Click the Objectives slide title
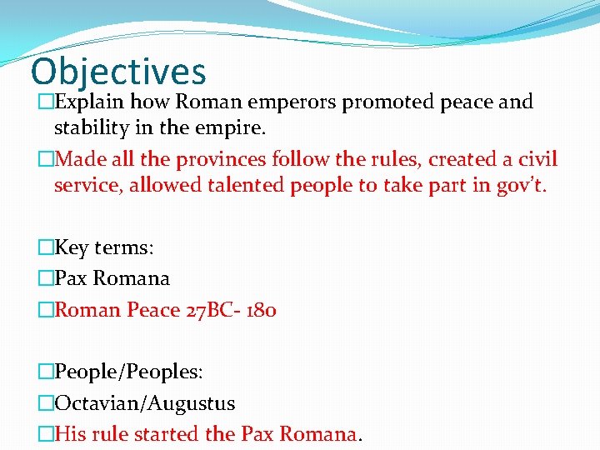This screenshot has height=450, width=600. pos(117,72)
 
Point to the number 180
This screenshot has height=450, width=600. pos(264,310)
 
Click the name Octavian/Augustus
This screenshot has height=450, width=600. pos(144,403)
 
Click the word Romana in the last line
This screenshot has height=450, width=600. pos(317,434)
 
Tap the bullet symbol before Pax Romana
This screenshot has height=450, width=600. pos(46,278)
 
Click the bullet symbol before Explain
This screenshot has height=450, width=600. pos(46,102)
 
